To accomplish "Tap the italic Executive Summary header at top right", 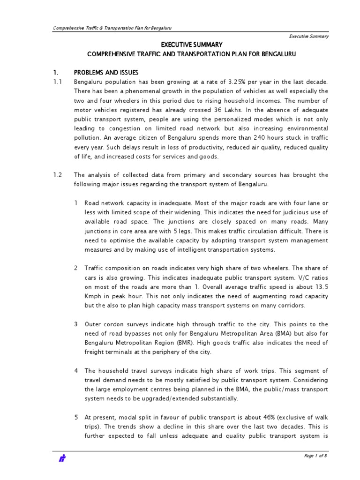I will tap(308, 36).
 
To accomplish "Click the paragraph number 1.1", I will tap(57, 82).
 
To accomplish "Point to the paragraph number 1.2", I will tap(57, 175).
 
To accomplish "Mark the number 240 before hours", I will tap(261, 137).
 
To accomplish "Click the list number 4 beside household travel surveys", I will tap(75, 371).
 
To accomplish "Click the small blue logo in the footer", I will tap(61, 459).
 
